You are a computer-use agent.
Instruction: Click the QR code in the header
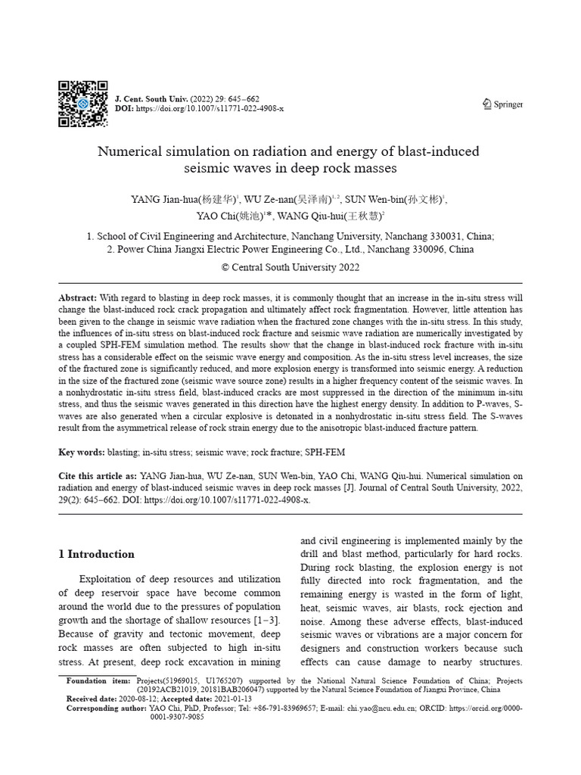[x=82, y=103]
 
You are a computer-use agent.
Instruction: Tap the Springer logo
[x=502, y=104]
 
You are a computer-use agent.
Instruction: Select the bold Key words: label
[x=82, y=452]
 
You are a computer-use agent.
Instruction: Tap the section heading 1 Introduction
[x=96, y=554]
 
